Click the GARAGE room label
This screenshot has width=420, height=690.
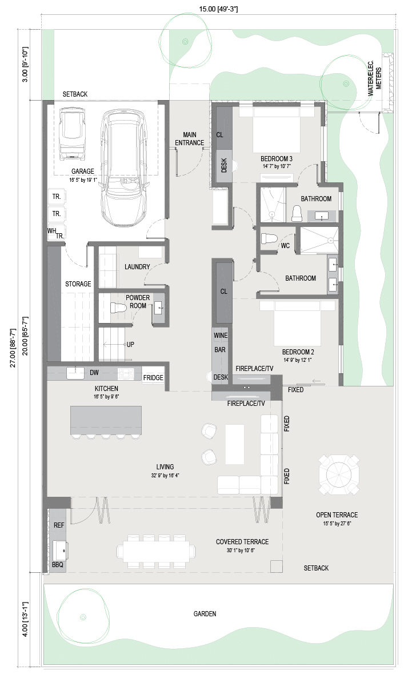(x=82, y=171)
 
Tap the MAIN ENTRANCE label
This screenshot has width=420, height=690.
(x=189, y=138)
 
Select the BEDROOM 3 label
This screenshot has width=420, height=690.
(x=276, y=159)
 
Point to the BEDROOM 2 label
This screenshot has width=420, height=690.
(x=298, y=352)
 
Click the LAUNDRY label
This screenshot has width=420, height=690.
(x=137, y=267)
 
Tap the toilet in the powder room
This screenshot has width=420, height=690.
(x=118, y=308)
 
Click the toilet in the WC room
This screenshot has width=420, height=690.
(x=269, y=238)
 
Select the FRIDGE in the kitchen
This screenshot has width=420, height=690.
(x=153, y=378)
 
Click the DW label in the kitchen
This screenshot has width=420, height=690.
(x=94, y=372)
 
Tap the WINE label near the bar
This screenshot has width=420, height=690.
(x=221, y=335)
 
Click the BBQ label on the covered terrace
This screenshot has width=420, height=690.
(x=58, y=565)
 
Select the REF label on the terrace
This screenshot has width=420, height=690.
(x=59, y=525)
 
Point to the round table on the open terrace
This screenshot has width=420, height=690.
(x=339, y=474)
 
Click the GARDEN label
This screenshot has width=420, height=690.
(x=205, y=613)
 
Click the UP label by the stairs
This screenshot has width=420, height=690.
(x=130, y=344)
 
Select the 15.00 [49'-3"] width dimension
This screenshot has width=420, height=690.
(x=218, y=9)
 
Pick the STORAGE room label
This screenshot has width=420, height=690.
(x=78, y=284)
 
